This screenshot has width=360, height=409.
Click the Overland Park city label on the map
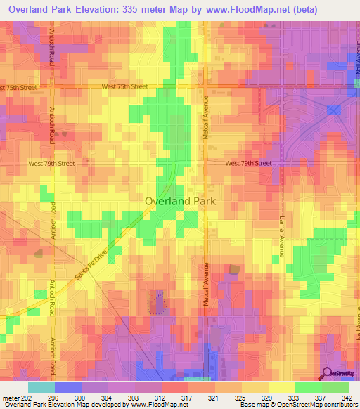click(180, 201)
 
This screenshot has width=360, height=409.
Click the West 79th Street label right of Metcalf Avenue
click(248, 163)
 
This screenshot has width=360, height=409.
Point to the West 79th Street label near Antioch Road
click(51, 163)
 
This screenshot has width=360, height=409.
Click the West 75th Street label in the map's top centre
click(124, 86)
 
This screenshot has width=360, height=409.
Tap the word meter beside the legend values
click(8, 397)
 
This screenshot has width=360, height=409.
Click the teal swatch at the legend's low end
click(41, 387)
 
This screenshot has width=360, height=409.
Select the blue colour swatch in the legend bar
click(67, 387)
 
